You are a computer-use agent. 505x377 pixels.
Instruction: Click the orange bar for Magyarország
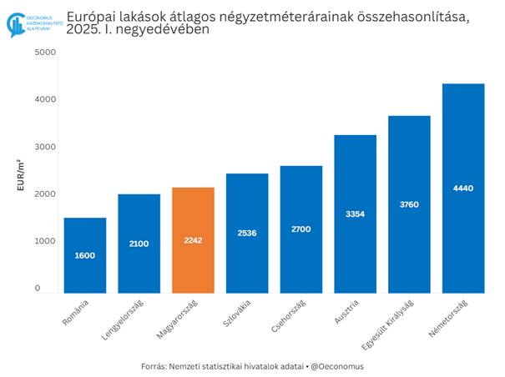(193, 240)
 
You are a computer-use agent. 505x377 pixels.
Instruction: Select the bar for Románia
(84, 255)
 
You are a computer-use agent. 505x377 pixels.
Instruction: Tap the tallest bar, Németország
(463, 188)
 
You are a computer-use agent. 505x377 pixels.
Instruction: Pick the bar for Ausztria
(355, 214)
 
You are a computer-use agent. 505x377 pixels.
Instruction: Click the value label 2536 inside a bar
(247, 233)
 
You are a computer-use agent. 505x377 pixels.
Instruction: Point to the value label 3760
(409, 204)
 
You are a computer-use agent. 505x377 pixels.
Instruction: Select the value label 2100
(139, 243)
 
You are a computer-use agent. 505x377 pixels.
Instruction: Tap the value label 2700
(300, 229)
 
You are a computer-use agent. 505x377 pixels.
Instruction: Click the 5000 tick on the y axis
(45, 53)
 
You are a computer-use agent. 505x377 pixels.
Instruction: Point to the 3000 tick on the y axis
(45, 147)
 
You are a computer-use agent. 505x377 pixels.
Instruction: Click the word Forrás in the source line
(155, 366)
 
